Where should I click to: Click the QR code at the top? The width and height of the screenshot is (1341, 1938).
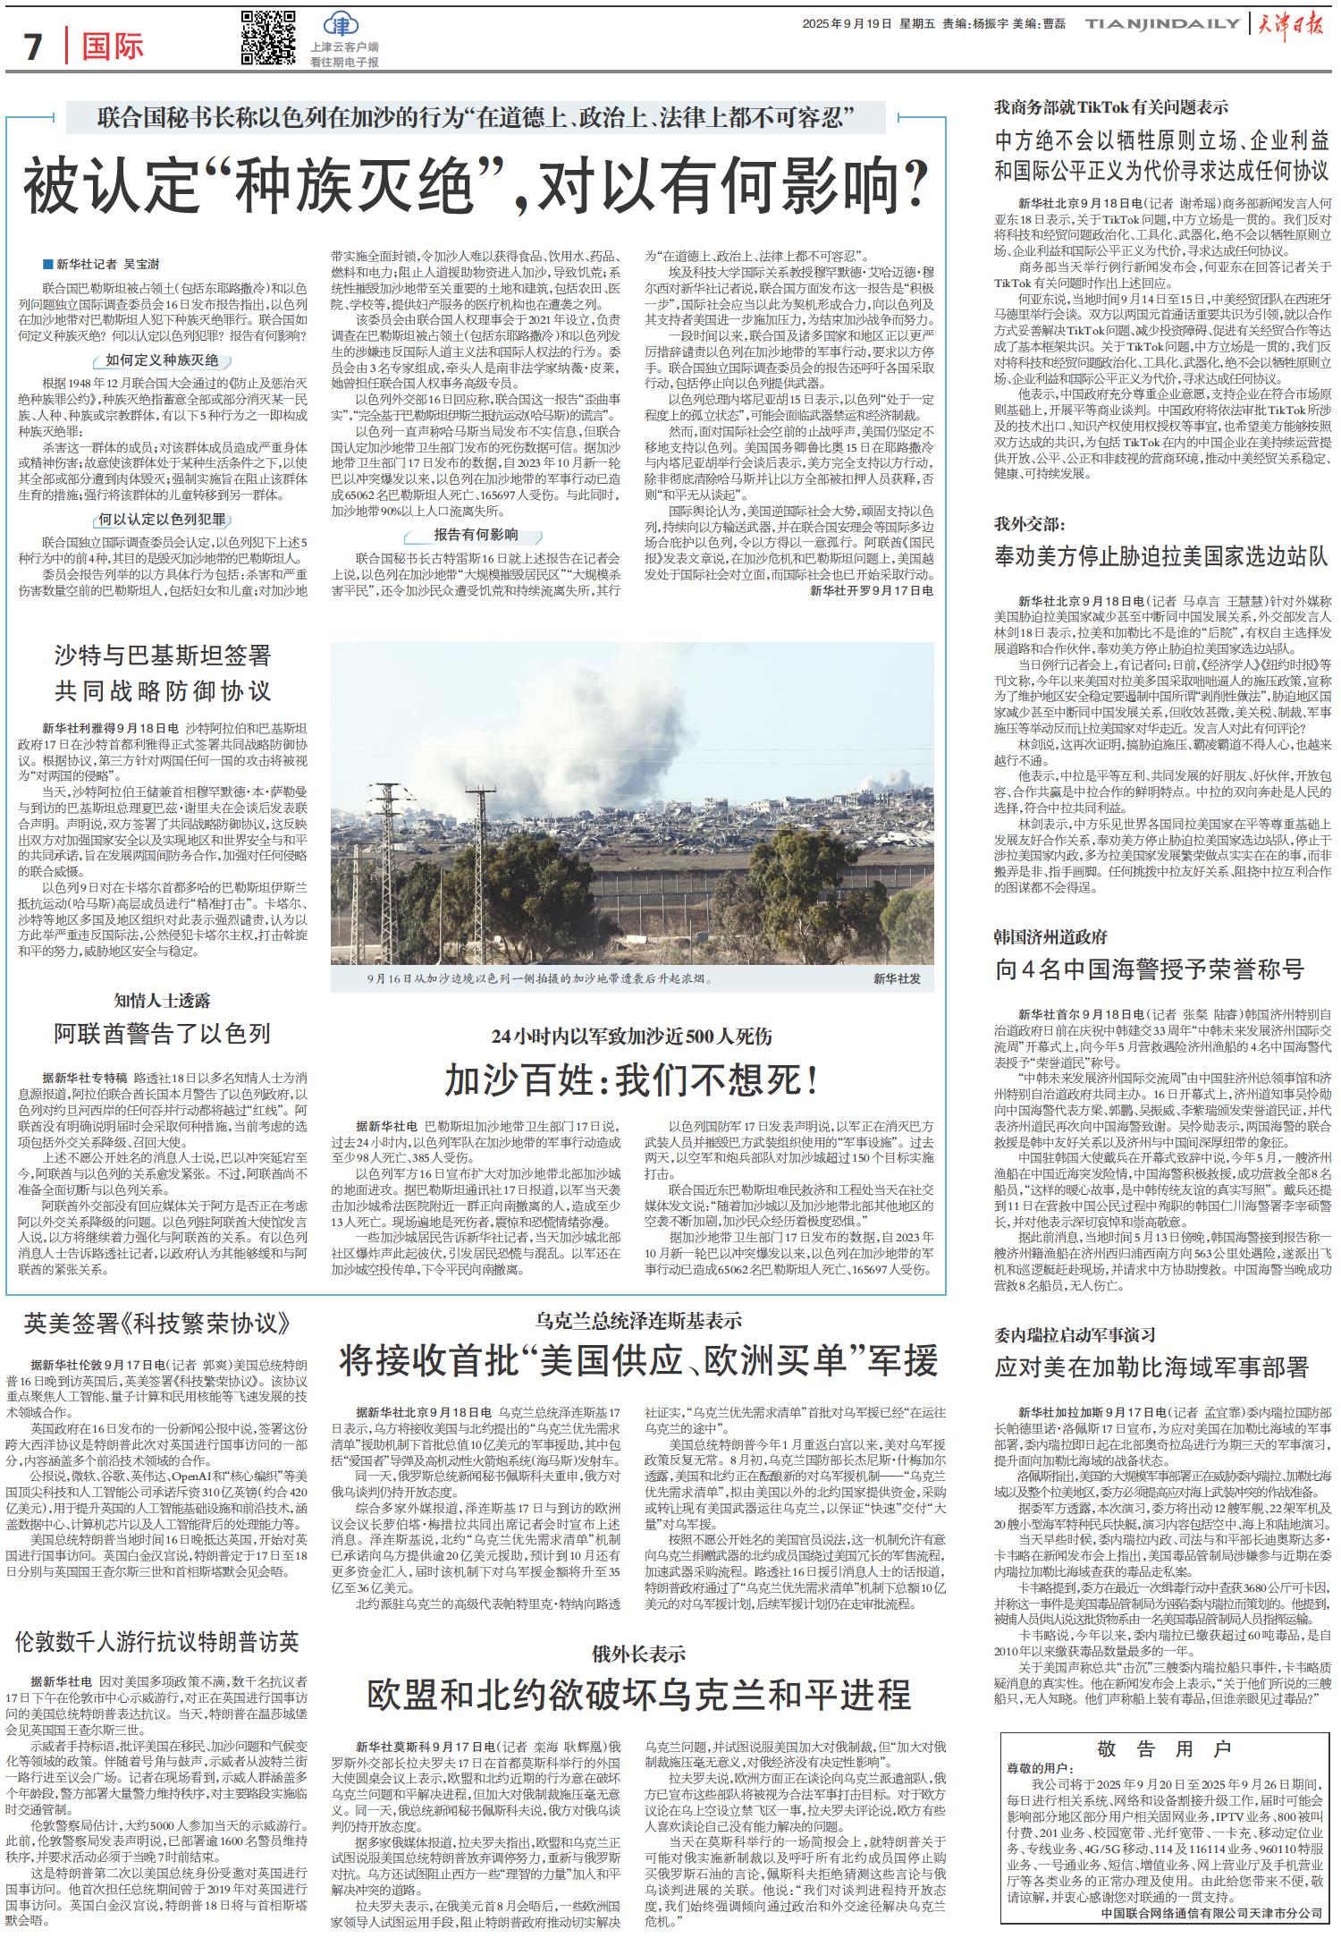click(268, 38)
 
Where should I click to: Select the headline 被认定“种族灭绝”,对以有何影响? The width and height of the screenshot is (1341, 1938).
click(474, 182)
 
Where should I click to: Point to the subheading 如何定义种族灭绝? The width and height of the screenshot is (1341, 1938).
click(162, 360)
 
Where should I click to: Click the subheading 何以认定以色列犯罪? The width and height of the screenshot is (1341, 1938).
click(162, 520)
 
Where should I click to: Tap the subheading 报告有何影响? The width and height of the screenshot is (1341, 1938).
click(476, 536)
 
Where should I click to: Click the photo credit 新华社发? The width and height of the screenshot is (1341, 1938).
click(897, 979)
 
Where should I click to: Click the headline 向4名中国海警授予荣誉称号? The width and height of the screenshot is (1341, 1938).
click(1149, 969)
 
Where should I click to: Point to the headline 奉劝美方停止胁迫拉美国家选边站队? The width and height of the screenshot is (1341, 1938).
click(1161, 556)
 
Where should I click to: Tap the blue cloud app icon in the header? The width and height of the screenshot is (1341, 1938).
click(339, 24)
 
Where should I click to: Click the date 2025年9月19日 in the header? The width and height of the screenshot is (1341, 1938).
click(847, 24)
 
